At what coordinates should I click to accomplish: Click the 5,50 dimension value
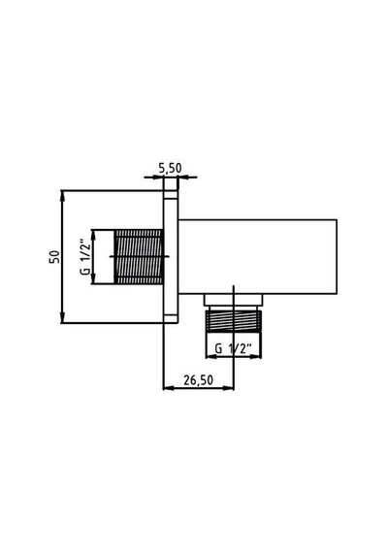[x=170, y=168]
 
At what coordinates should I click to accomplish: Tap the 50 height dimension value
[x=54, y=256]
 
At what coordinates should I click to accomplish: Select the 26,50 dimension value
[x=198, y=380]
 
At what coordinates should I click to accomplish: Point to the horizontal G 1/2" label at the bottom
[x=233, y=348]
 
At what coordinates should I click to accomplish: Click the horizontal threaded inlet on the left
[x=139, y=257]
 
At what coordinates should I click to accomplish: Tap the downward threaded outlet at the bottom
[x=233, y=321]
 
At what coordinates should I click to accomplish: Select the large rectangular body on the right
[x=257, y=256]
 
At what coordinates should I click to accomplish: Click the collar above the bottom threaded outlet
[x=233, y=300]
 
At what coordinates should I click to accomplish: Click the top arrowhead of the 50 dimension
[x=62, y=195]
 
